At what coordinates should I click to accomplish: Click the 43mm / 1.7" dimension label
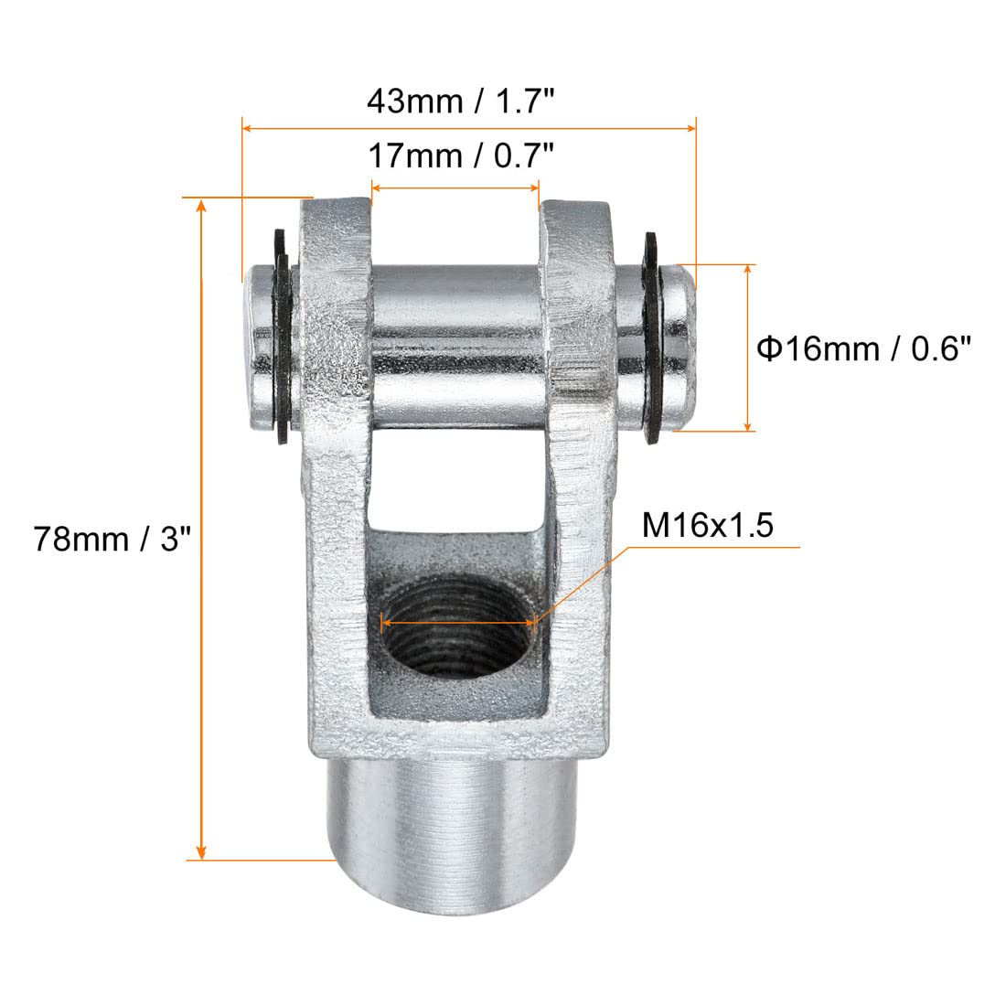[460, 102]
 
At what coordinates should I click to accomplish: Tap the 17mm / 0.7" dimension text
[461, 155]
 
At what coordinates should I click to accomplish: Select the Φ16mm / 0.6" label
[863, 349]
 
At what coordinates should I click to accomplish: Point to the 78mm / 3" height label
[112, 539]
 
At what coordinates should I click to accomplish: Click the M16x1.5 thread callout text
[708, 526]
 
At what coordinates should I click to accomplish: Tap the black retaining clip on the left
[281, 336]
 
